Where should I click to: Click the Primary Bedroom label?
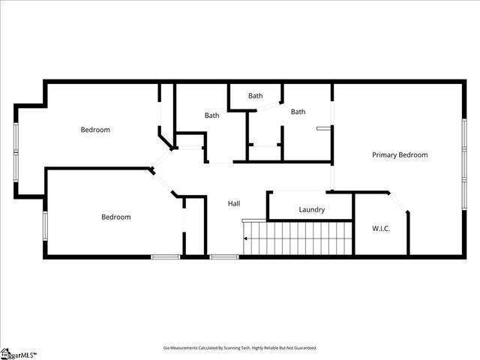[x=400, y=155]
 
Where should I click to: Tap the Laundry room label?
[x=311, y=210]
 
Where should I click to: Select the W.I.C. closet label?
[x=381, y=228]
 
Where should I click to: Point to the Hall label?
[x=234, y=204]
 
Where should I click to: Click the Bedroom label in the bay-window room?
[x=95, y=130]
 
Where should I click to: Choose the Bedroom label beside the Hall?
[x=116, y=217]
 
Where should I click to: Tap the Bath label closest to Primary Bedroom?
[x=298, y=112]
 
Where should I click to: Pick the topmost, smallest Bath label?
[x=256, y=96]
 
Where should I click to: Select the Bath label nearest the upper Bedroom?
[x=212, y=115]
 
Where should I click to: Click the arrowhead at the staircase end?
[x=245, y=239]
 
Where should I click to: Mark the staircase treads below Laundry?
[x=300, y=238]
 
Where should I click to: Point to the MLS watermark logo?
[x=18, y=353]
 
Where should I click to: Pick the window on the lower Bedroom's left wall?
[x=45, y=224]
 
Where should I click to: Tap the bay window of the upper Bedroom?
[x=15, y=150]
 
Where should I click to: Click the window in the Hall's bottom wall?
[x=223, y=257]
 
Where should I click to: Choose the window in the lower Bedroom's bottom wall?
[x=165, y=257]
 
